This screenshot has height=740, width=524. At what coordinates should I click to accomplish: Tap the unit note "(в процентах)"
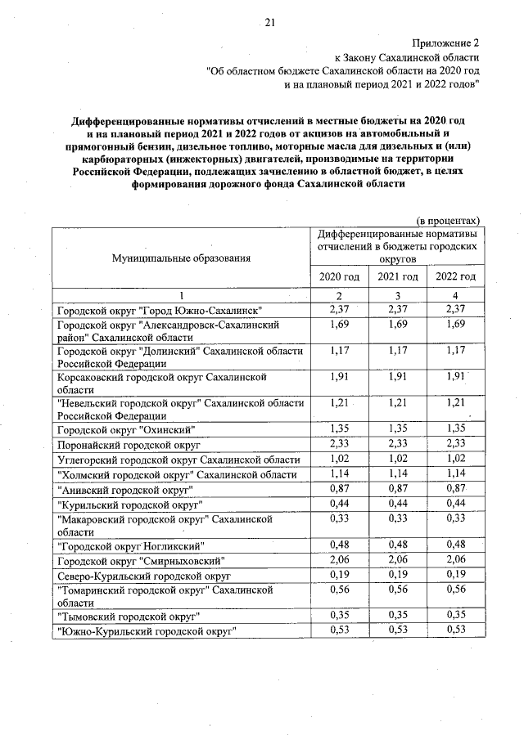[448, 221]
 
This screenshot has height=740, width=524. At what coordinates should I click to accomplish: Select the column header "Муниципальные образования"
[182, 258]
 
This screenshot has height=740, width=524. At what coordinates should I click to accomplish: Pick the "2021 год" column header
[397, 276]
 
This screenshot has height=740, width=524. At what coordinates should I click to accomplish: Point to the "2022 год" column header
[455, 276]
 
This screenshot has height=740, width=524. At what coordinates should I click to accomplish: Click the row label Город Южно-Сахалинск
[158, 311]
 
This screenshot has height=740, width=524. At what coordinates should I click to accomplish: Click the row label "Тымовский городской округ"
[129, 616]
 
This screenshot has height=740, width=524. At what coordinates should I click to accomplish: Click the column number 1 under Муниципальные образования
[182, 294]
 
